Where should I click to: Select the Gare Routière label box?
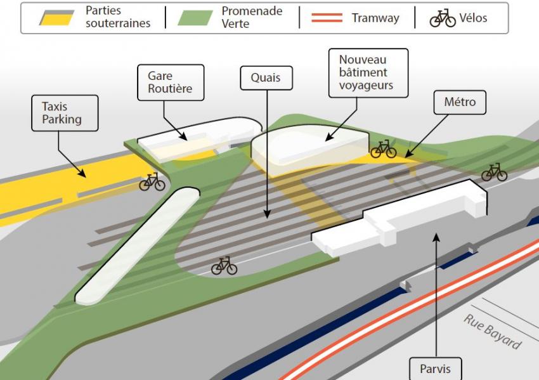click(x=171, y=82)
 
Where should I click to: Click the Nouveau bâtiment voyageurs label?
click(x=368, y=73)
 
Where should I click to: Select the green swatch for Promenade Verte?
click(x=195, y=18)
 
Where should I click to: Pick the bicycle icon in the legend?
click(x=443, y=18)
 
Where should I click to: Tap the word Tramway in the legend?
click(x=375, y=18)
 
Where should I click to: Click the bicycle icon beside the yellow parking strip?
click(x=152, y=182)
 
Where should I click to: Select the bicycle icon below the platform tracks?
click(x=224, y=266)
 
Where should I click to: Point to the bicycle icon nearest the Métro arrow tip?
click(x=383, y=149)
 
